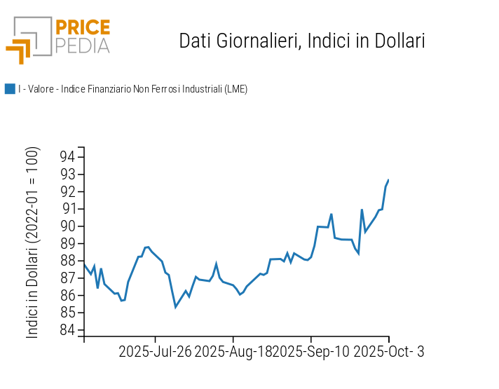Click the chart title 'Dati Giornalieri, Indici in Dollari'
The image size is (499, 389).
pos(302,41)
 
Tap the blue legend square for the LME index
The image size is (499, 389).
pos(10,89)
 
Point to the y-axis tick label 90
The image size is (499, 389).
pos(67,226)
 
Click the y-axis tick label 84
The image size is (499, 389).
pos(67,330)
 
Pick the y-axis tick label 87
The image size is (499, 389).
pos(67,278)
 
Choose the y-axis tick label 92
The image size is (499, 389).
pos(67,191)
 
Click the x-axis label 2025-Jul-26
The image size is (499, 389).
pos(155,352)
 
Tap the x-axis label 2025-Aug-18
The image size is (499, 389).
pos(233,352)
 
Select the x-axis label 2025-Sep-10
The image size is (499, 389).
pos(310,352)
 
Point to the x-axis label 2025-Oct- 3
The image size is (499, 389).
pos(389,352)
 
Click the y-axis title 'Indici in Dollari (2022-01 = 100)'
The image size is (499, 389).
pos(33,243)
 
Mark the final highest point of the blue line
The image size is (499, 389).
pos(388,180)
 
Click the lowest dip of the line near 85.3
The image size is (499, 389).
pos(175,307)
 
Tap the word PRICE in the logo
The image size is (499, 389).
pos(83,28)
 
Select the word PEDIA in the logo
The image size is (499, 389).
pos(83,46)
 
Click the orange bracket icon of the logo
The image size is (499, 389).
pos(20,50)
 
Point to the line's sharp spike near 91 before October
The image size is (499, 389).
pos(362,210)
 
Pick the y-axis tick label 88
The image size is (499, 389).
pos(67,261)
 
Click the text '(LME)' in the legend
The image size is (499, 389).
pos(236,89)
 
